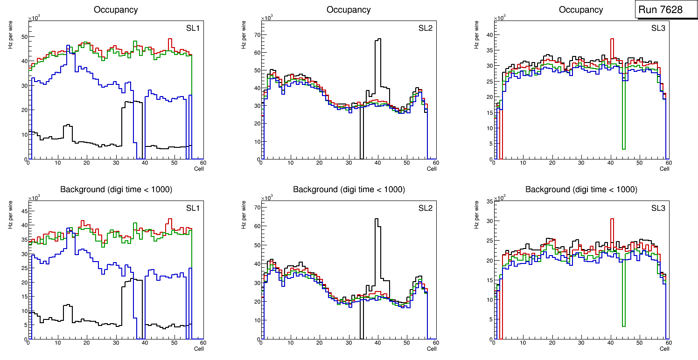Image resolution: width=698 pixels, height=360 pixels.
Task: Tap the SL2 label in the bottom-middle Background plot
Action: [425, 208]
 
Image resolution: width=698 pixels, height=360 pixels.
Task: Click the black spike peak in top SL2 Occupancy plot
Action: [378, 39]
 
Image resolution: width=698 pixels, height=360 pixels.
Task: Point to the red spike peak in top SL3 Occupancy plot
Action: [612, 39]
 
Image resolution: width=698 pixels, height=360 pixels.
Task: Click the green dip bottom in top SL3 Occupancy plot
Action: [623, 149]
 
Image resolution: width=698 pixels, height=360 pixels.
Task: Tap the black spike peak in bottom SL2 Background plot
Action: [376, 219]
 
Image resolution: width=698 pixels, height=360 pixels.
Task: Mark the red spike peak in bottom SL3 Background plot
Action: [612, 219]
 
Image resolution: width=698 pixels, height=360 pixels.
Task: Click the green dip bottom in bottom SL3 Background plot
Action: [623, 326]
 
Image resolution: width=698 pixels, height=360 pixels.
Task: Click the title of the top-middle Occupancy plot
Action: [349, 10]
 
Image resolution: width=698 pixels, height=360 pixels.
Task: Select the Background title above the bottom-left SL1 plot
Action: [116, 189]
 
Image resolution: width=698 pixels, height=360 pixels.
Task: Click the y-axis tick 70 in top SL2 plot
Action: [256, 35]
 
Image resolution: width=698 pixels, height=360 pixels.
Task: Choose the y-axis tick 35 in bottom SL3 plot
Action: [489, 201]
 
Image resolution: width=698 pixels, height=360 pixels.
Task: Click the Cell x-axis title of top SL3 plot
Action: [664, 169]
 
